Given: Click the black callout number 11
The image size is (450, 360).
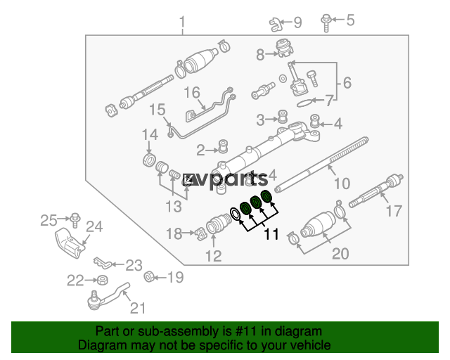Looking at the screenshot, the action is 271,234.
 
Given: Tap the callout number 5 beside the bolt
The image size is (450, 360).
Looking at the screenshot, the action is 350,20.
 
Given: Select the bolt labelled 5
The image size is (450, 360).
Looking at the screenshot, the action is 326,22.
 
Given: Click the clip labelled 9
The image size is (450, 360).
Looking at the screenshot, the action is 276,25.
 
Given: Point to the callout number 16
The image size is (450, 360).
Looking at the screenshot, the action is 192,92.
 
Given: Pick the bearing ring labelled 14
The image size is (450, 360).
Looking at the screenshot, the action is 149,160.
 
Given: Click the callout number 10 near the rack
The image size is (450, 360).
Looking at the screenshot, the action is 342,183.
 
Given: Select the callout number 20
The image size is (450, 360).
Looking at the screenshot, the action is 340,254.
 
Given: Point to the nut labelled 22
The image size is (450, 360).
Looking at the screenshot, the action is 103,280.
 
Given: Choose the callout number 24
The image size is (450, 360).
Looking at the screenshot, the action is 94,227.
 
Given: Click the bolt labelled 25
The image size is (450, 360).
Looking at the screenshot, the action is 75,220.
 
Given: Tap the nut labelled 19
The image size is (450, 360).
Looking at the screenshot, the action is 149,277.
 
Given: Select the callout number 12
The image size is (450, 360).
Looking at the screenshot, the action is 214,256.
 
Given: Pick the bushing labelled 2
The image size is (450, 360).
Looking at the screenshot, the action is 224,146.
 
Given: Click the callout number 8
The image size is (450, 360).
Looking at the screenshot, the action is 260,55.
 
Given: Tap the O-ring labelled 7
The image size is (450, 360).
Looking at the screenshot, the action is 304,103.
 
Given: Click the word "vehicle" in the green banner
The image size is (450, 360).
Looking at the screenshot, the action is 314,345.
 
